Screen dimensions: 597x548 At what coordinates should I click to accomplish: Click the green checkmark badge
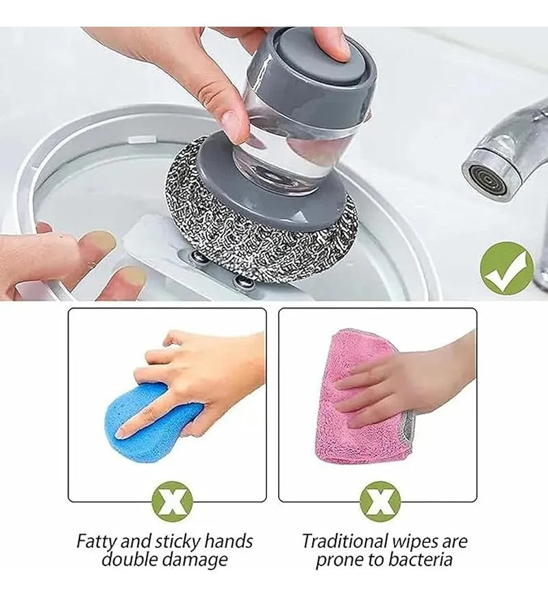tap(506, 269)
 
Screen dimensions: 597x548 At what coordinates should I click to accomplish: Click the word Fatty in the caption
tap(97, 542)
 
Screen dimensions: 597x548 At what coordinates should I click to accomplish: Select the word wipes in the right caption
tap(418, 542)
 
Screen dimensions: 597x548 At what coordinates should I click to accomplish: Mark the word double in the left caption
tap(130, 560)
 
